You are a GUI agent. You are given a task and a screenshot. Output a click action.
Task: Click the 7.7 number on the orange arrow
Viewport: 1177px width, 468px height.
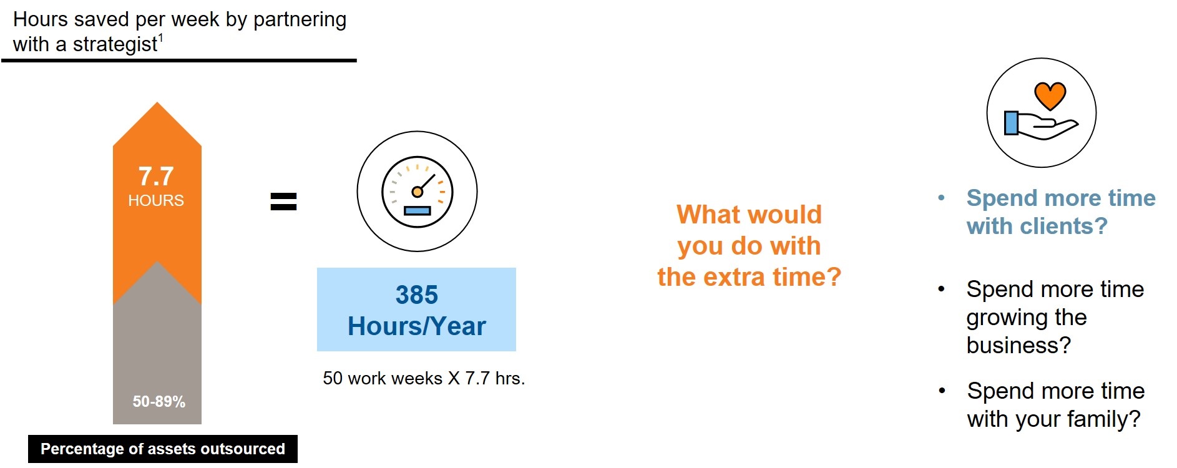pos(156,177)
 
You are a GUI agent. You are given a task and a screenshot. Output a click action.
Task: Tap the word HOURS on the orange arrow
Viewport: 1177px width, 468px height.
pos(156,200)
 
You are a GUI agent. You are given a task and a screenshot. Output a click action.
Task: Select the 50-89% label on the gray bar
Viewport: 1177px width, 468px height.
pos(159,401)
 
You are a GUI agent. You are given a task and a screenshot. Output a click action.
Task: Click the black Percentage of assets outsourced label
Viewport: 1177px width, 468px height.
pos(163,449)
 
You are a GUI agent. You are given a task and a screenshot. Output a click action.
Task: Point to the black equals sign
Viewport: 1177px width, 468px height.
pos(283,201)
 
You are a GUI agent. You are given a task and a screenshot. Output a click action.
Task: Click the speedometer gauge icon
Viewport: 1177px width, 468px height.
pos(417,191)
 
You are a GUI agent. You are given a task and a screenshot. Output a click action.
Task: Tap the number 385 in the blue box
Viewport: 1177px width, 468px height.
pos(417,295)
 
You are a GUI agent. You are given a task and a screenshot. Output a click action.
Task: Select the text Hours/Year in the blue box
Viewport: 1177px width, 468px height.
pos(417,326)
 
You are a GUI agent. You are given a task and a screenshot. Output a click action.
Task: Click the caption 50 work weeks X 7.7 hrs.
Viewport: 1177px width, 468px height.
pos(424,378)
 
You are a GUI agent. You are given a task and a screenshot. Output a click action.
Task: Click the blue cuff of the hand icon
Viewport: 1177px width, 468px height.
pos(1011,123)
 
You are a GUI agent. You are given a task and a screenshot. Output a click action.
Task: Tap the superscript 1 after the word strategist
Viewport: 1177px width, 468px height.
pos(160,39)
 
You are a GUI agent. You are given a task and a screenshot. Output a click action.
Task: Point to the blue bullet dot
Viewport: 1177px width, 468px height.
pos(942,198)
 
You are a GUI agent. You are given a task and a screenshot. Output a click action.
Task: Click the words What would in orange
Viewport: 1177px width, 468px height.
pos(750,215)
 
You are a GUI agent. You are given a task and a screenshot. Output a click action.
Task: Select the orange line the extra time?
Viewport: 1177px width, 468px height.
pos(750,276)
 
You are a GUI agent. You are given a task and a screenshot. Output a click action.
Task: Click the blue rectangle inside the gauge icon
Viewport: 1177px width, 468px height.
pos(417,211)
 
